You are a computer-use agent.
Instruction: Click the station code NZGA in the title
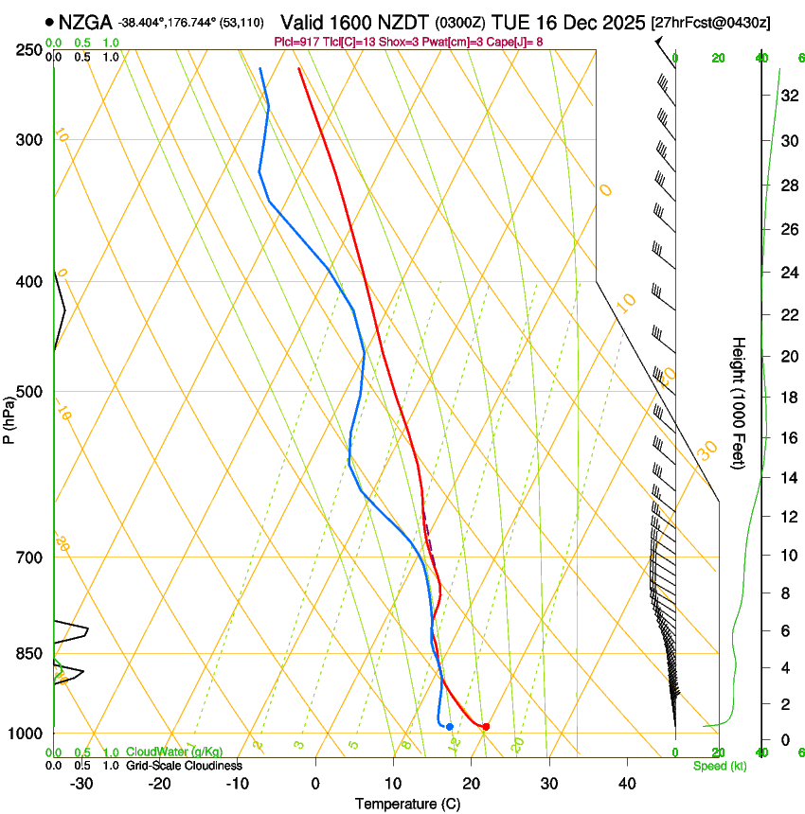coord(85,21)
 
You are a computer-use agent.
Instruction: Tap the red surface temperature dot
coord(486,727)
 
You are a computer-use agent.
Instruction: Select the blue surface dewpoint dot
coord(449,727)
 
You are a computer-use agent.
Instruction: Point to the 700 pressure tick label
coord(31,557)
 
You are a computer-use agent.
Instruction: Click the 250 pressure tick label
coord(31,50)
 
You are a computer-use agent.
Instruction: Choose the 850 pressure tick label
coord(31,654)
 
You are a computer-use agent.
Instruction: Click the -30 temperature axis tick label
coord(81,784)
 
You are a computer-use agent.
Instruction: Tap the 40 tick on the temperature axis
coord(626,784)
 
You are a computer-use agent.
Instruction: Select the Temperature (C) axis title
coord(407,804)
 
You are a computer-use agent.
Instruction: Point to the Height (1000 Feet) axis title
coord(739,402)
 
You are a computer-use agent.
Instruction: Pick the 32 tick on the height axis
coord(788,96)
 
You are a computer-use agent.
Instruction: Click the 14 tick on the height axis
coord(788,478)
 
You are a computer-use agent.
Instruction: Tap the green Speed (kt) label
coord(719,766)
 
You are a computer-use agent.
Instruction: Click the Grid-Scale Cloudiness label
coord(184,766)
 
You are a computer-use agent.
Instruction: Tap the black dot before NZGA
coord(49,21)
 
